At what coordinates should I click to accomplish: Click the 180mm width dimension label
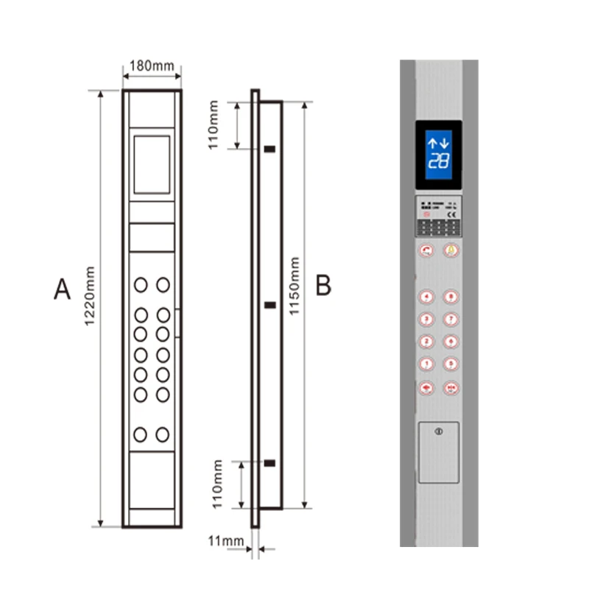152,66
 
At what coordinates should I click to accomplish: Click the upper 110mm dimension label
214,126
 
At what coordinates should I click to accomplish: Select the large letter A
62,289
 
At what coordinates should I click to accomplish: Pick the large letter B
323,285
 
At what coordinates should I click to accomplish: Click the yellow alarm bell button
450,250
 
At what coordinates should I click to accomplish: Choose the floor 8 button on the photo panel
450,297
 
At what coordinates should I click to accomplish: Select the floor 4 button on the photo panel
426,297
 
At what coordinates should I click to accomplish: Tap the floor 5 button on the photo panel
450,363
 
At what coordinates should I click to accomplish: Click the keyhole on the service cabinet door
439,431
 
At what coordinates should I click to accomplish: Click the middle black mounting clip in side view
270,305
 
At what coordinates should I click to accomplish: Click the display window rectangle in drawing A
152,164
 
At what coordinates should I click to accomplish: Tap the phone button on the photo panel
426,250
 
